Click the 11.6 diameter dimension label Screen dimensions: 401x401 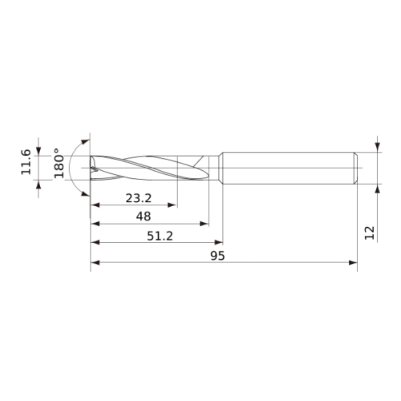(26, 162)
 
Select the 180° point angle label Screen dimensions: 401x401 (59, 163)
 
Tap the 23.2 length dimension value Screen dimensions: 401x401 (139, 198)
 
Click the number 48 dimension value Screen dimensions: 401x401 (144, 216)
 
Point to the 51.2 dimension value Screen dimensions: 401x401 (160, 236)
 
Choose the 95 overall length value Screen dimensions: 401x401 (217, 256)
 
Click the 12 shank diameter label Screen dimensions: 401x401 (370, 233)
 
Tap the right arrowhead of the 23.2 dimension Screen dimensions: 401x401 (172, 205)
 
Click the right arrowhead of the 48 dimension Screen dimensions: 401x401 (205, 224)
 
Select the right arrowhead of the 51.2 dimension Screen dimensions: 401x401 (218, 242)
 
